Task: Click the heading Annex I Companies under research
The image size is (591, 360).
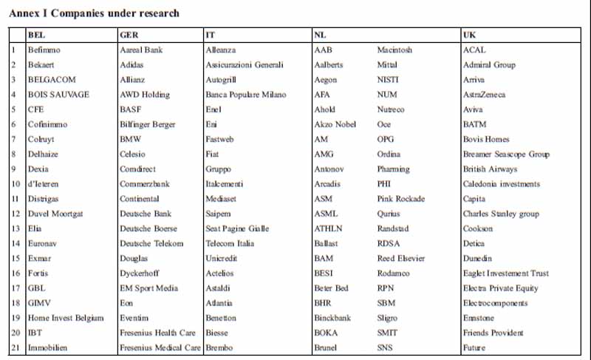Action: point(94,13)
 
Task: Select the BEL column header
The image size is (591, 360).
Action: point(35,35)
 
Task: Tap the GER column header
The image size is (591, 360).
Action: point(129,35)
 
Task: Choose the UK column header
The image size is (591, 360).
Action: point(470,35)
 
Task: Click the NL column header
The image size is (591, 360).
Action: point(320,35)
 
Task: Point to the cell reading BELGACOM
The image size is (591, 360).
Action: point(52,80)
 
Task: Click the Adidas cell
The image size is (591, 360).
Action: point(133,65)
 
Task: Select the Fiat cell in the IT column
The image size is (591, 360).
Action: point(212,154)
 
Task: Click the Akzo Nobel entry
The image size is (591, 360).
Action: point(335,124)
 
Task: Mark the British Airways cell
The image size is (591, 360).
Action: point(491,169)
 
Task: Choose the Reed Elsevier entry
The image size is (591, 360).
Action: point(401,259)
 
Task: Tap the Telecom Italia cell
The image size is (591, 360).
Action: point(230,244)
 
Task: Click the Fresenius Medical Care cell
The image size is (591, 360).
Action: point(160,347)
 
